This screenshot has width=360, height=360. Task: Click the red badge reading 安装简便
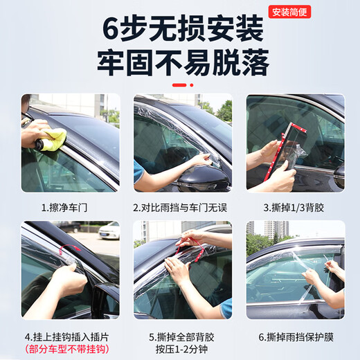(x=291, y=12)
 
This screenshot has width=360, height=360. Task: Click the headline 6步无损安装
(x=182, y=30)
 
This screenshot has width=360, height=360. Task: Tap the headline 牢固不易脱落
(x=182, y=64)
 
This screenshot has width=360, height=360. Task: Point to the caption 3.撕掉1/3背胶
(x=296, y=207)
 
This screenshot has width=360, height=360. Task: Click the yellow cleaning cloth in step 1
(x=55, y=135)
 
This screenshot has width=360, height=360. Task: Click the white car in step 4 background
(x=108, y=231)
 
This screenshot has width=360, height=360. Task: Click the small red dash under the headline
(x=181, y=84)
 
